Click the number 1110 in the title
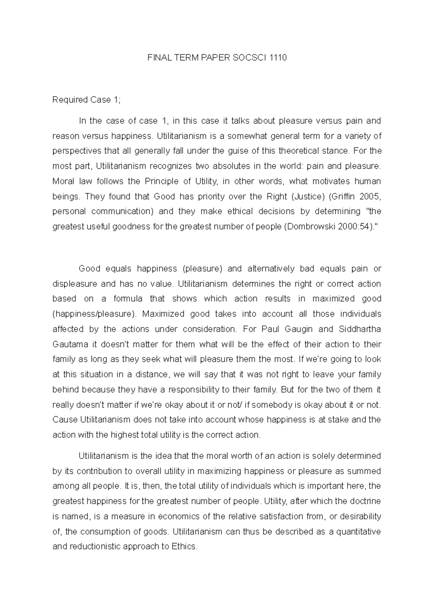click(278, 58)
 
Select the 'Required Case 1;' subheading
click(86, 100)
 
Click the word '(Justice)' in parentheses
click(307, 197)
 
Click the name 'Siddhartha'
click(360, 329)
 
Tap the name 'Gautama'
click(68, 344)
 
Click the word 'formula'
click(125, 299)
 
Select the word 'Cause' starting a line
click(65, 420)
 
